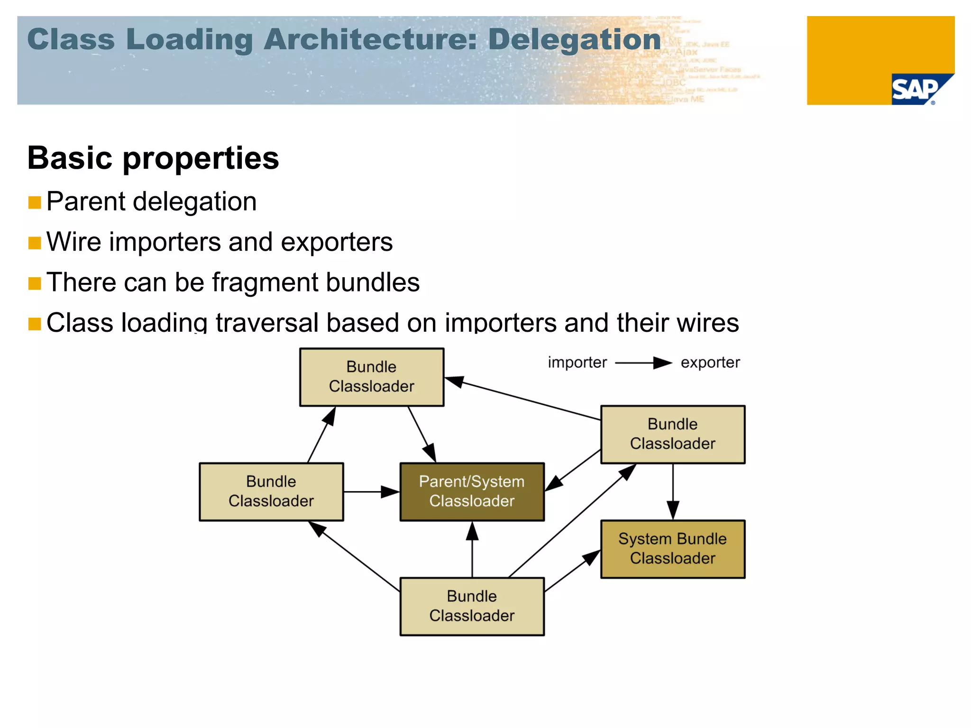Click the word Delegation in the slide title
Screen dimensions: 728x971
pyautogui.click(x=574, y=39)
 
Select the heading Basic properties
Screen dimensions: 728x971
pyautogui.click(x=153, y=158)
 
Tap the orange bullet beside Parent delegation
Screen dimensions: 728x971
pyautogui.click(x=35, y=203)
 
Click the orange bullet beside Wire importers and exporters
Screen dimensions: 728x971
pyautogui.click(x=35, y=243)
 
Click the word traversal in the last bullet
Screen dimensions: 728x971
pyautogui.click(x=266, y=323)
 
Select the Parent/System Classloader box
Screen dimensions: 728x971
pyautogui.click(x=472, y=491)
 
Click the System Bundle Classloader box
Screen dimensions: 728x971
pyautogui.click(x=672, y=549)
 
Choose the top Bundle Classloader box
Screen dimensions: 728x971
pyautogui.click(x=371, y=377)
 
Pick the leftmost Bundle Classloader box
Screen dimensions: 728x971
pyautogui.click(x=271, y=491)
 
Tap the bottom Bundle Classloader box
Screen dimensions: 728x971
pyautogui.click(x=472, y=606)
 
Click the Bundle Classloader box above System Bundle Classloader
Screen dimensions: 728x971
pyautogui.click(x=672, y=434)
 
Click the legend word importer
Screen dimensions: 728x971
pyautogui.click(x=577, y=363)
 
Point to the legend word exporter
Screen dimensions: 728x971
pyautogui.click(x=710, y=363)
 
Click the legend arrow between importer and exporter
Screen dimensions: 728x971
pyautogui.click(x=643, y=363)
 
